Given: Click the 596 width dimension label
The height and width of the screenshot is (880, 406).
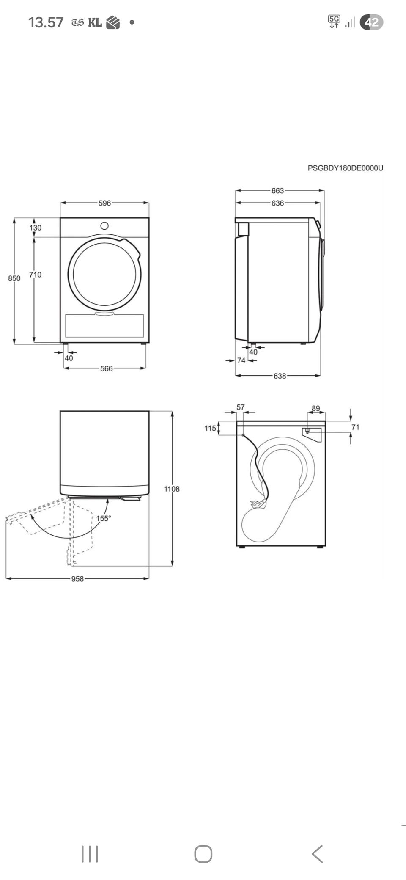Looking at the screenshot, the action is coord(104,203).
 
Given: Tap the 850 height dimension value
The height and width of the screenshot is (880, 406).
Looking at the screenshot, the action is coord(14,278).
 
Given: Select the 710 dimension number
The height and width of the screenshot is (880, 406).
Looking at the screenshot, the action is coord(35,275).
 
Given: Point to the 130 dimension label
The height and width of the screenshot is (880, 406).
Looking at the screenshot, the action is coord(36,228).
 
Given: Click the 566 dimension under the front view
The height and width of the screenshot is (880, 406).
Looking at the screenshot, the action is coord(107,368).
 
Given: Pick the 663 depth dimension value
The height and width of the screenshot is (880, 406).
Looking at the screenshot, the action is coord(278,191).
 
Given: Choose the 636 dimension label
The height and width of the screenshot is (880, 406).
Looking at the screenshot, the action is coord(278,203).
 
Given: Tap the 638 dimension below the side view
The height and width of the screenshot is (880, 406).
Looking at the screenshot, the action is coord(280,376).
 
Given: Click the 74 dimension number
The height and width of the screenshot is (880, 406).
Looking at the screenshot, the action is coord(241,360).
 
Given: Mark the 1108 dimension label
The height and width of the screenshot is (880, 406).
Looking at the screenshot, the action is coord(172,489).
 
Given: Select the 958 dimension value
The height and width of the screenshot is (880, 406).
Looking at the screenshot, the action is coord(77,579).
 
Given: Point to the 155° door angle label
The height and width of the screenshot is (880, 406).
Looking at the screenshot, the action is coord(104,518).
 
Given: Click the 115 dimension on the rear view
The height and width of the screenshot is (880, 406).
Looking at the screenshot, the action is coord(210,428).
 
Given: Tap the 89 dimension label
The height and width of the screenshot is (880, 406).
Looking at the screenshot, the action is coord(316,408).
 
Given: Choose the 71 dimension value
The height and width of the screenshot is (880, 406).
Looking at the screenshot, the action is coord(355,427).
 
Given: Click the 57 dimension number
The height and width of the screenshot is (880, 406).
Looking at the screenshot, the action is coord(241,407).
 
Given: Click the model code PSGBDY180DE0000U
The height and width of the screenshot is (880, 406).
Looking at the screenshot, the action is coord(346,168).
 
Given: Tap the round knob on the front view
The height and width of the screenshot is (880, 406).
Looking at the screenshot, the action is coord(104,226).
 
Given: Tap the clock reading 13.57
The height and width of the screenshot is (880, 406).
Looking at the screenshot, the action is coord(46,22).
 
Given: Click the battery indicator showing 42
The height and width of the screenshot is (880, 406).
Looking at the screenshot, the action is coord(371,22).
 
